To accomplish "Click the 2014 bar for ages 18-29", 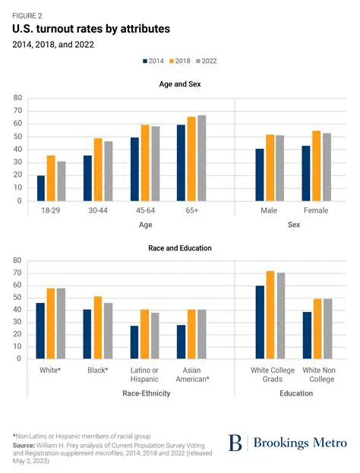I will [41, 188].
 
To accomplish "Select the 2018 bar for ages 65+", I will [191, 159].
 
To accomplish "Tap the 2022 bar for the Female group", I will [327, 168].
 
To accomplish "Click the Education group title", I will [295, 393].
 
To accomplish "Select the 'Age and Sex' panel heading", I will [180, 84].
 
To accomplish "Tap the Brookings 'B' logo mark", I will [235, 443].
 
